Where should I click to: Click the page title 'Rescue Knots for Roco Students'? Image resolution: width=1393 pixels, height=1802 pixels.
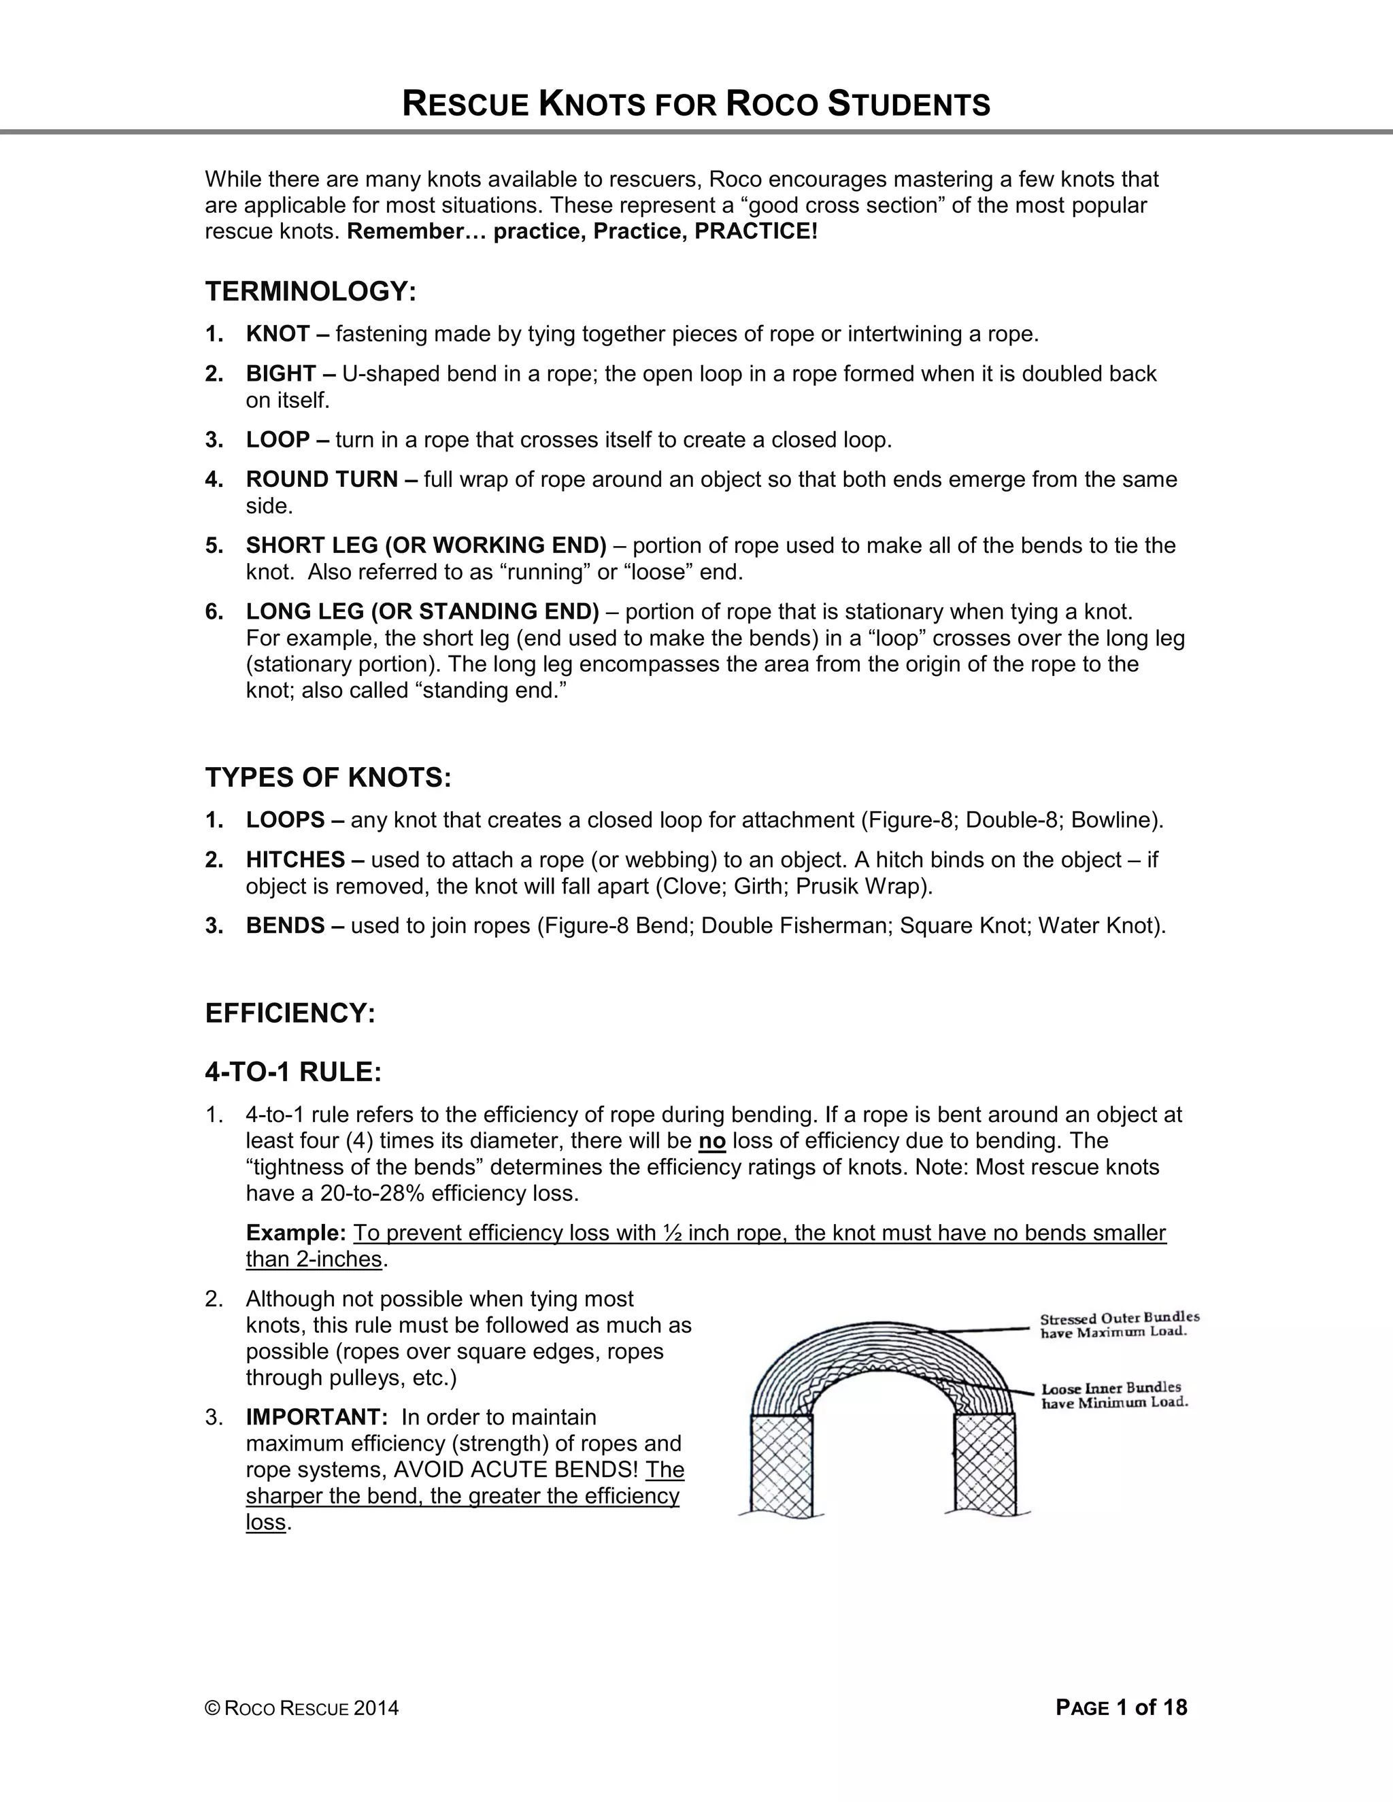pos(696,105)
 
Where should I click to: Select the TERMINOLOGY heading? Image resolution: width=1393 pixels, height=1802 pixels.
pos(310,291)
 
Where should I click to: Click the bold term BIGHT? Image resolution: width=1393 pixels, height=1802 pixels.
pos(281,374)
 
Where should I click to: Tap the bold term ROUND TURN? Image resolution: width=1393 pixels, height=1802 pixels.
pos(322,479)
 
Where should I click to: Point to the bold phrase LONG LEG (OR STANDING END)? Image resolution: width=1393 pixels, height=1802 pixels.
pos(422,611)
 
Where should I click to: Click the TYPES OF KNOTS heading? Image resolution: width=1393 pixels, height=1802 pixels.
pos(328,777)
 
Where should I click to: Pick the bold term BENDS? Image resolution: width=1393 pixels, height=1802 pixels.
pos(285,925)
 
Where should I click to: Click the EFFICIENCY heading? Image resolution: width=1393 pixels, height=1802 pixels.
pos(290,1013)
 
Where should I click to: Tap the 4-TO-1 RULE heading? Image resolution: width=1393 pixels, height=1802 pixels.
pos(293,1072)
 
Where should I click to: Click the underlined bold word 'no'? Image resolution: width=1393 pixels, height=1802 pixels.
pos(711,1141)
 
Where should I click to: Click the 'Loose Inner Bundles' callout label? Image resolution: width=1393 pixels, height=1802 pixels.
pos(1113,1395)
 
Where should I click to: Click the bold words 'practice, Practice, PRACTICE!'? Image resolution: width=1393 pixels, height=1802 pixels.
pos(655,231)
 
